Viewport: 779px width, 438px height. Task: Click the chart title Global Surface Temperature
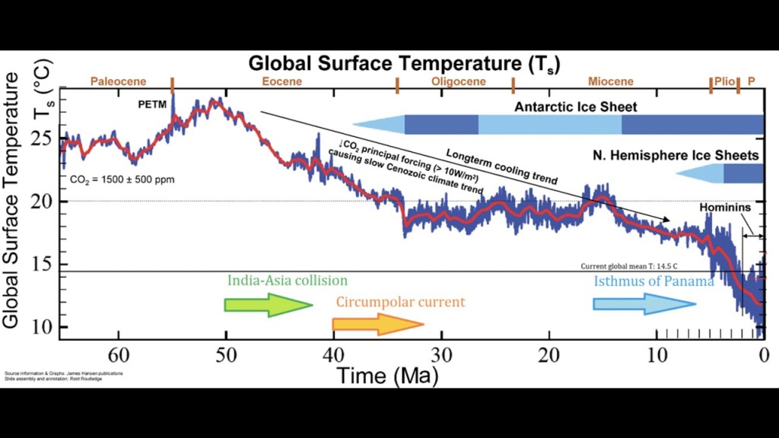coord(404,64)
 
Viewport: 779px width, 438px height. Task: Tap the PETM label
coord(152,104)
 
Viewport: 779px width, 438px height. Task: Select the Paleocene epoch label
coord(118,81)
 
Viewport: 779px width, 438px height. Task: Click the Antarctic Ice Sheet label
coord(576,106)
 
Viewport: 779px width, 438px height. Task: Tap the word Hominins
coord(726,207)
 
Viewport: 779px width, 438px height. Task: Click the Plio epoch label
coord(724,81)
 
